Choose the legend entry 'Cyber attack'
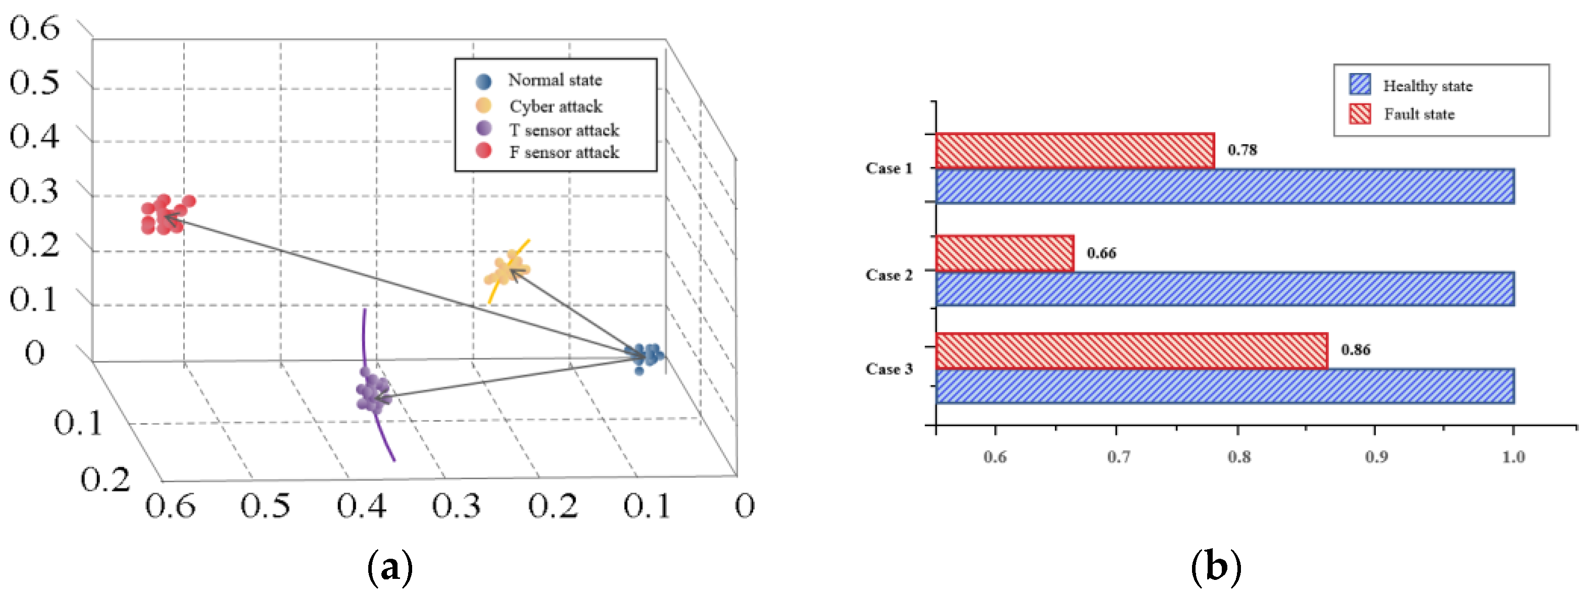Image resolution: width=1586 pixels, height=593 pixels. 555,106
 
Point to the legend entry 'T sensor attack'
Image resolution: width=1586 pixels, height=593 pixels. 563,130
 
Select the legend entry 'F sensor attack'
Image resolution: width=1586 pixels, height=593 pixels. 563,152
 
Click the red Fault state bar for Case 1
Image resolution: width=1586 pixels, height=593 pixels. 1074,151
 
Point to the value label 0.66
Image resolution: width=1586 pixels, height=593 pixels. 1101,253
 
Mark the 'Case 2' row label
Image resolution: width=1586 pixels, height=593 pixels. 888,275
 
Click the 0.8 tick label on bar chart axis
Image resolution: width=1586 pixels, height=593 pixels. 1239,456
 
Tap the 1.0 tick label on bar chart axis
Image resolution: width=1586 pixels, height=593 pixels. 1513,456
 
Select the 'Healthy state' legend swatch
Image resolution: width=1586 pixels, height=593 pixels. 1360,84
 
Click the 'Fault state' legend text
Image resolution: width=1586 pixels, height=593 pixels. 1419,114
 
